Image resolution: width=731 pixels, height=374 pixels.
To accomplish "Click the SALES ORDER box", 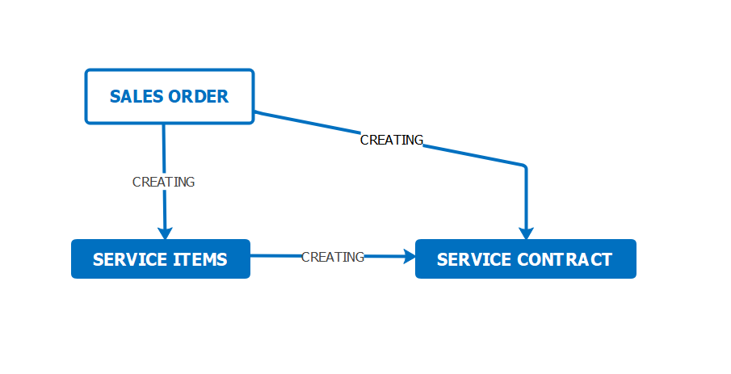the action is [170, 97].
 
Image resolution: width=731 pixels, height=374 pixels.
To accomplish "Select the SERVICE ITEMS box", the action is [161, 258].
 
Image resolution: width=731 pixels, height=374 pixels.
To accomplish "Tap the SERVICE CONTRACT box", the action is [525, 258].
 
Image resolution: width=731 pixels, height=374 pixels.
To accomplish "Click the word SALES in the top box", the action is [137, 97].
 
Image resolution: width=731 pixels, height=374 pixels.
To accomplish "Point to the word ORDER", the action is [198, 97].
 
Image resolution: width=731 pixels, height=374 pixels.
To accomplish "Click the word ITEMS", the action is [200, 259].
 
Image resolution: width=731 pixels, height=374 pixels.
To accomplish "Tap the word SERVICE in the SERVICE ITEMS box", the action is [130, 259].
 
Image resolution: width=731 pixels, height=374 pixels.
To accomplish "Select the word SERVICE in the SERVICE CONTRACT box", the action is [473, 259].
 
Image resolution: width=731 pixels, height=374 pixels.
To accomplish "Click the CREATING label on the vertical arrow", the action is [164, 182].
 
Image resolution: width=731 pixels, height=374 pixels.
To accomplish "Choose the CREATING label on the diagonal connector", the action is [392, 140].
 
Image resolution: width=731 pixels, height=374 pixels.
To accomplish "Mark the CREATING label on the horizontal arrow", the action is [333, 257].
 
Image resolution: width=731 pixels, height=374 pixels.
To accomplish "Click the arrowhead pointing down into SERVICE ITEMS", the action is [165, 233].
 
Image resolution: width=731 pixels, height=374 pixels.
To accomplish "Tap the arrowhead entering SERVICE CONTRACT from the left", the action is [410, 256].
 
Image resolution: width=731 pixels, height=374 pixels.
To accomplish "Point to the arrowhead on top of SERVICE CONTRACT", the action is [527, 233].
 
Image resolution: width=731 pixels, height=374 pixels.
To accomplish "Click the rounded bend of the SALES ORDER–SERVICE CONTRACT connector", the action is [524, 166].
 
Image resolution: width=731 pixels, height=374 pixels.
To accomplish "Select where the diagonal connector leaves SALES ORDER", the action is [255, 112].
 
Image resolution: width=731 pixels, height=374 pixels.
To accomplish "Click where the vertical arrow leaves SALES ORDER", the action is [164, 124].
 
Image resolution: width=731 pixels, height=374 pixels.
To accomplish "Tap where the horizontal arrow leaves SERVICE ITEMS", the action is [251, 255].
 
